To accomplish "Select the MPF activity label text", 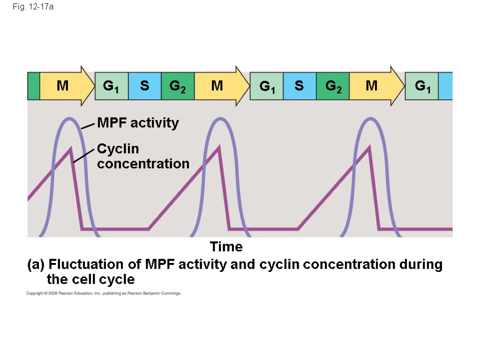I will (x=138, y=123).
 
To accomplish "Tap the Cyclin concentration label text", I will (x=142, y=157).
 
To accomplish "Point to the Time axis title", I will (x=226, y=247).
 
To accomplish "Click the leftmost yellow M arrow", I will (x=66, y=86).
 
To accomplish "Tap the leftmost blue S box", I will (x=144, y=86).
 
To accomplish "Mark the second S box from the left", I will (x=299, y=86).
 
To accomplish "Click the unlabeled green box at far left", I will (x=33, y=86).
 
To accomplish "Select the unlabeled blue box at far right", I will (x=445, y=86).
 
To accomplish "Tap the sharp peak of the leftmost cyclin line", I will (x=70, y=149).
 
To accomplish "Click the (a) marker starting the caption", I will (x=36, y=265).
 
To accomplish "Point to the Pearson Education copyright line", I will (x=103, y=293).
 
